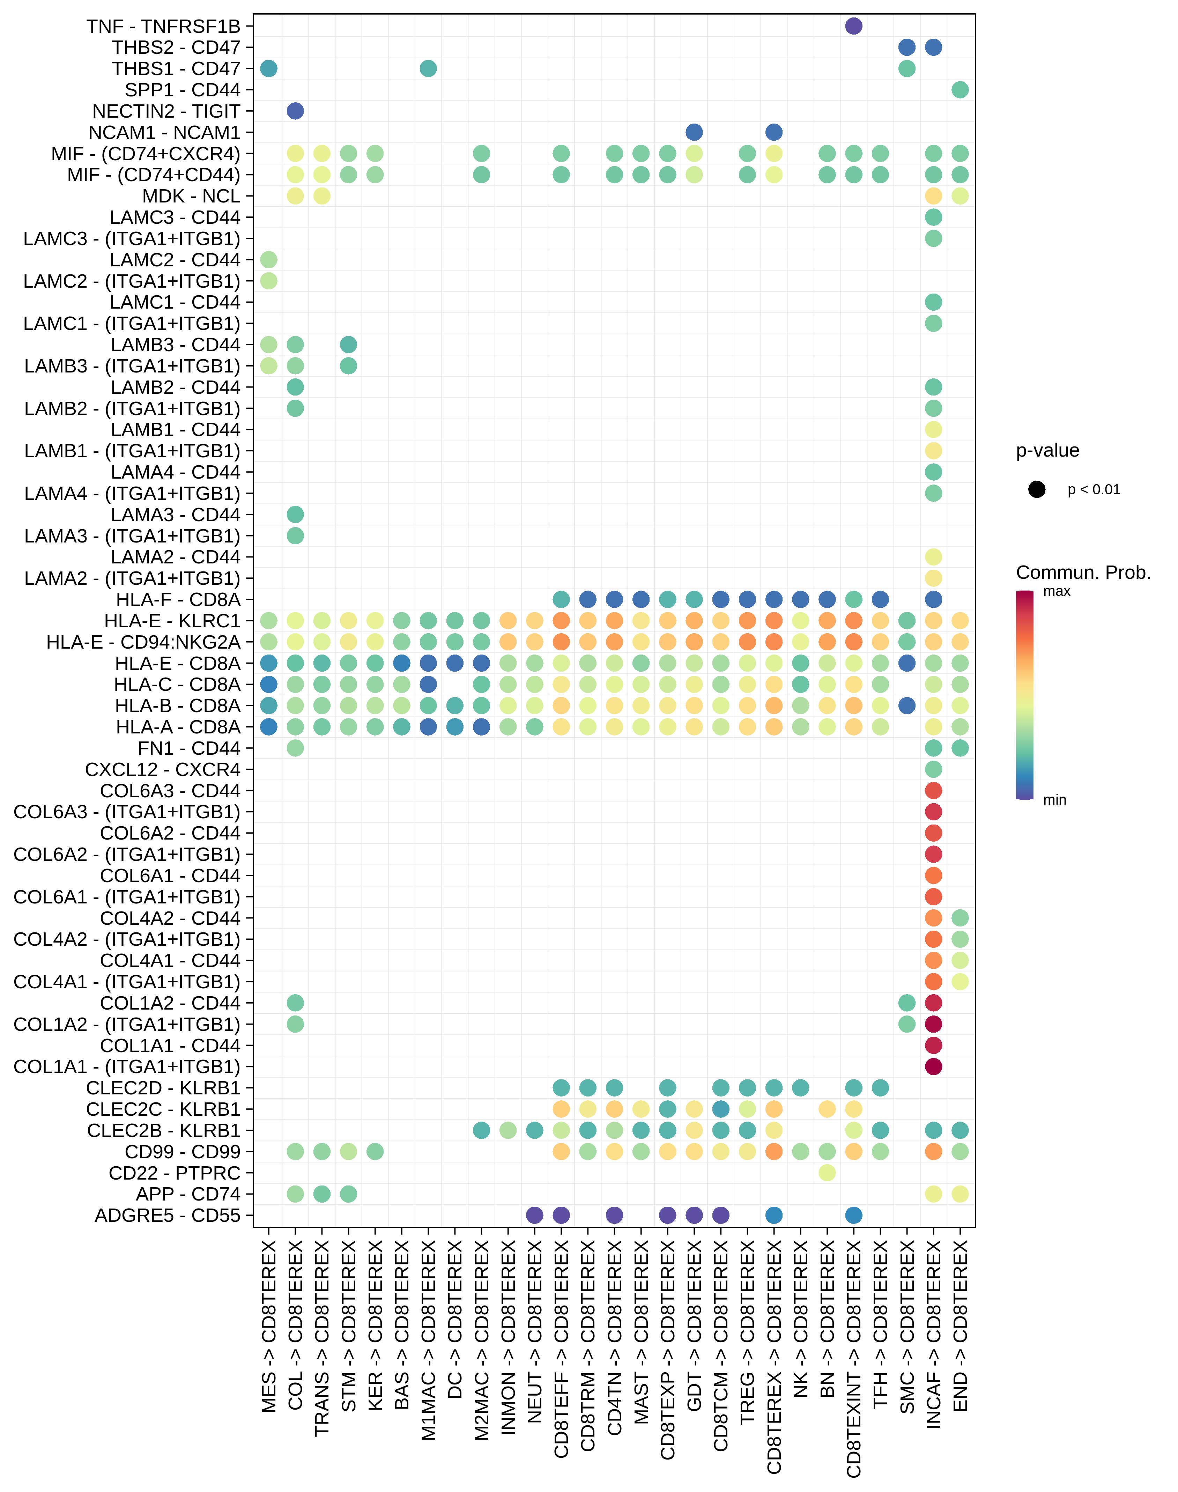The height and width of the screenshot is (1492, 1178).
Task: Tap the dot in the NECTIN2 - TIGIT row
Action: point(295,111)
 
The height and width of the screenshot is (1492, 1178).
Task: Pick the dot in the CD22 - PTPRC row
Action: point(827,1173)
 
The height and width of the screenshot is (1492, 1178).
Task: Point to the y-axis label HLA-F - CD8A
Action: point(178,599)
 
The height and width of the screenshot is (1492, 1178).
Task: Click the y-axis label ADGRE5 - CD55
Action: point(168,1216)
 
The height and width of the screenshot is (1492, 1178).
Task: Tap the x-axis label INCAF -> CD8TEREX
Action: point(933,1335)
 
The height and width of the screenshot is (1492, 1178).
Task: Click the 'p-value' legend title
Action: point(1047,450)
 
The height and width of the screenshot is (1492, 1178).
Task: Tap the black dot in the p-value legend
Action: point(1037,490)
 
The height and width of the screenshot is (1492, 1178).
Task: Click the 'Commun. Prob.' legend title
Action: point(1083,573)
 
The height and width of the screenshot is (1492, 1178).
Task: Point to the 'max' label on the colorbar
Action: point(1057,591)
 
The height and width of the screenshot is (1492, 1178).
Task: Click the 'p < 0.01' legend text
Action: point(1094,490)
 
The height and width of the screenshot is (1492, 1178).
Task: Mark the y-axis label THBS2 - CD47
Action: point(176,47)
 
